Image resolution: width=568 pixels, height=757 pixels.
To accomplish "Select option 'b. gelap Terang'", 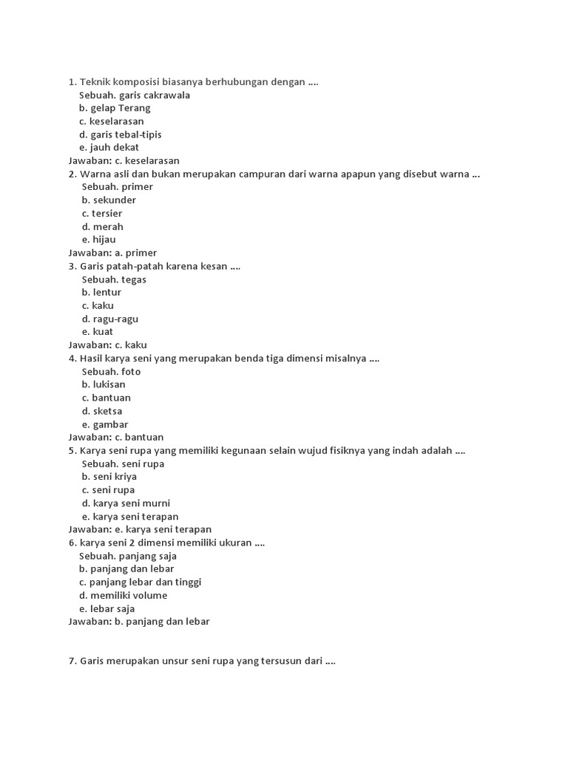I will point(115,108).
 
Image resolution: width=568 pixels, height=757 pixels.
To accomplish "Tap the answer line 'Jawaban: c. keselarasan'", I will point(124,160).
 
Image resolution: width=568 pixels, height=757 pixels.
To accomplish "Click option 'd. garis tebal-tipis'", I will point(120,135).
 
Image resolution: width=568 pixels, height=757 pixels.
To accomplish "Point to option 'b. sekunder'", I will point(109,200).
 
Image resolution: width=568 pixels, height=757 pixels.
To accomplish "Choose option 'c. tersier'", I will point(102,213).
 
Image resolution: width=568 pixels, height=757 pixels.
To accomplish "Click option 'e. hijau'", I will point(98,240).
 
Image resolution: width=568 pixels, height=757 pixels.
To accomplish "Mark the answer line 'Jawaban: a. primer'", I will point(112,253).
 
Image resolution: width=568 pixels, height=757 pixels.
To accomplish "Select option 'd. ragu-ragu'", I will point(110,319).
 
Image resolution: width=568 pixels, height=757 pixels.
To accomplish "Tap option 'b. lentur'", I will point(101,292).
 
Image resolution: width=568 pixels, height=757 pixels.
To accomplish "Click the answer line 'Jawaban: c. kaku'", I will point(107,344).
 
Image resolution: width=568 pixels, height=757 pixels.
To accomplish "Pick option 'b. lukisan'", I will point(104,384).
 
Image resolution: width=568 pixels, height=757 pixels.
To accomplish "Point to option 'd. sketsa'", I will point(102,411).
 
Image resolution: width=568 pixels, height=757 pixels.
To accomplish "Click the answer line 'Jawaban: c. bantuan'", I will point(116,437).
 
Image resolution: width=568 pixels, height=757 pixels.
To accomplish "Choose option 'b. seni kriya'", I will point(109,477).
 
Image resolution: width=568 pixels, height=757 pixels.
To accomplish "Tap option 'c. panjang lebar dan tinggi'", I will point(140,582).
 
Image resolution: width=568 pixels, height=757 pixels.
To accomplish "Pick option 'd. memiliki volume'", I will point(123,595).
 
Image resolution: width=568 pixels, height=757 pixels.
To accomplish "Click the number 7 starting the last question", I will point(71,661).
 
